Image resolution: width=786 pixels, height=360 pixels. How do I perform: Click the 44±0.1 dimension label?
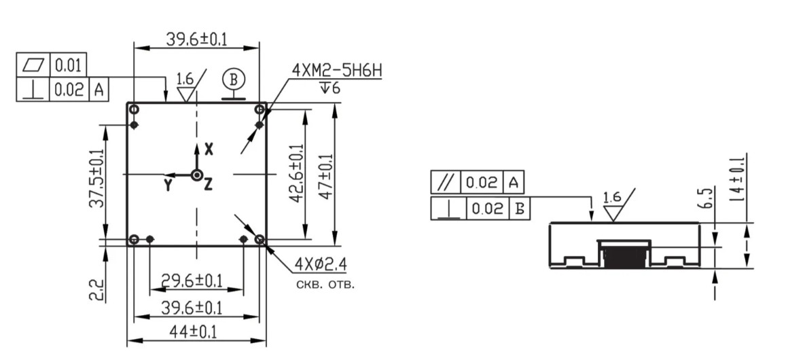[192, 331]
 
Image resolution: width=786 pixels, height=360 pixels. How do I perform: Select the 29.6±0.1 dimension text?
[192, 281]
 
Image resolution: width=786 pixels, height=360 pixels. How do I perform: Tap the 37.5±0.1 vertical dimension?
[96, 179]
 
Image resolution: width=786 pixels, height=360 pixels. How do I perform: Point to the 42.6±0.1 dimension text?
[296, 173]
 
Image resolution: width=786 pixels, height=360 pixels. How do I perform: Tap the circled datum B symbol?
[234, 79]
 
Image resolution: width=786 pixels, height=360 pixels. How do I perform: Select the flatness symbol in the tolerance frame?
[33, 65]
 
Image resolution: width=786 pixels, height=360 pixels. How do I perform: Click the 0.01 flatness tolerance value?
[68, 65]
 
